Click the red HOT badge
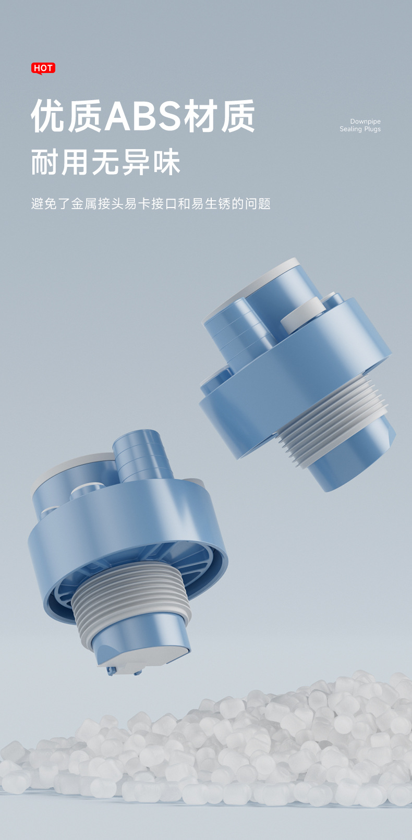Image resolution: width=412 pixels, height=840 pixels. click(43, 68)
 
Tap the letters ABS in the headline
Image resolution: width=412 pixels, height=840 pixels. click(144, 116)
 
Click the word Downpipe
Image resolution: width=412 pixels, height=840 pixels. click(365, 121)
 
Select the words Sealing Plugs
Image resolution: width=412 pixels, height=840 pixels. click(360, 129)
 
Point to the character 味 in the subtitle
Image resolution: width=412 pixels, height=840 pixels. click(166, 162)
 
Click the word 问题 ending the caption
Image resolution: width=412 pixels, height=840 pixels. click(258, 204)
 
